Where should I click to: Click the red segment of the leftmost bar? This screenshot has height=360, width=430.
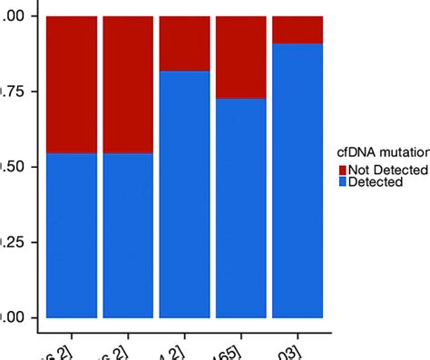pyautogui.click(x=71, y=84)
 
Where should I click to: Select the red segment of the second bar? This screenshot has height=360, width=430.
pyautogui.click(x=128, y=84)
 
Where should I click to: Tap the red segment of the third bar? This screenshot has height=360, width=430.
pyautogui.click(x=184, y=44)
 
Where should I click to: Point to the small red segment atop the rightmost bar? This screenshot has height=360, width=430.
pyautogui.click(x=297, y=30)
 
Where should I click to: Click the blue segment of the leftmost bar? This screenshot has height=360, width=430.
pyautogui.click(x=71, y=236)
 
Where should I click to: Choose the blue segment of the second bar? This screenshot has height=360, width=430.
pyautogui.click(x=128, y=236)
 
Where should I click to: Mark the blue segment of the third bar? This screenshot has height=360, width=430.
pyautogui.click(x=184, y=195)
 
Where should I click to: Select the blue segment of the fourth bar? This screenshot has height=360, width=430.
pyautogui.click(x=240, y=209)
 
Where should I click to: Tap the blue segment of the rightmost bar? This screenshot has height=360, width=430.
pyautogui.click(x=297, y=181)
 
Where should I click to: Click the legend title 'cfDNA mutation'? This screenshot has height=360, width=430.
pyautogui.click(x=382, y=153)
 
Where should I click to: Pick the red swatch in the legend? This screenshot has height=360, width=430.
pyautogui.click(x=344, y=170)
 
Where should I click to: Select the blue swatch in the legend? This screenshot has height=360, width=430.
pyautogui.click(x=344, y=182)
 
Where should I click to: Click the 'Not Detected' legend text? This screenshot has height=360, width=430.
pyautogui.click(x=384, y=170)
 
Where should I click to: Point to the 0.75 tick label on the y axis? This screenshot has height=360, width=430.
pyautogui.click(x=16, y=92)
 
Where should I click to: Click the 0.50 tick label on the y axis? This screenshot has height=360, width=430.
pyautogui.click(x=16, y=167)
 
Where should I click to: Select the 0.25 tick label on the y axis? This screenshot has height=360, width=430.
pyautogui.click(x=16, y=242)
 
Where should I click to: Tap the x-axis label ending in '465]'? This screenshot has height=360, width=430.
pyautogui.click(x=242, y=349)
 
